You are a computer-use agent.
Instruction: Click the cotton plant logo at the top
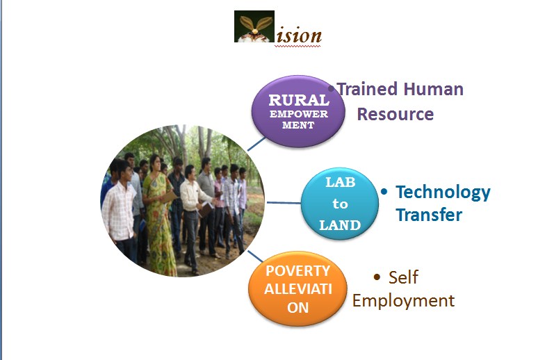(254, 26)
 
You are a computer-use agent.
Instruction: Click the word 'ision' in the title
(299, 35)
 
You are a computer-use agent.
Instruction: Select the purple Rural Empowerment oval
(298, 111)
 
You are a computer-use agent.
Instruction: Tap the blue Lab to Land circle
(339, 204)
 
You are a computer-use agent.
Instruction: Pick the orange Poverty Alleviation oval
(298, 288)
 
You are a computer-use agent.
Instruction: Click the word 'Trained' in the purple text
(366, 89)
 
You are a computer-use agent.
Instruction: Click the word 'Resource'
(396, 114)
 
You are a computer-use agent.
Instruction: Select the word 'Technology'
(443, 193)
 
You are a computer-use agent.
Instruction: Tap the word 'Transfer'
(429, 215)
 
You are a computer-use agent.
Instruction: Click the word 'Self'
(403, 277)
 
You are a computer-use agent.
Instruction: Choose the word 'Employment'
(403, 302)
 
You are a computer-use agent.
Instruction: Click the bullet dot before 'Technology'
(384, 192)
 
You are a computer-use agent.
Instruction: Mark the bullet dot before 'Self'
(377, 277)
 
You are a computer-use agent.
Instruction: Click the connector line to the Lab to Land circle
(284, 203)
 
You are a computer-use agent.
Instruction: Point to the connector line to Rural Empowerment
(256, 144)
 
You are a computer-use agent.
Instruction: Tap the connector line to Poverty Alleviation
(255, 256)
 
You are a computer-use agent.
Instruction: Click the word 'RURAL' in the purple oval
(299, 100)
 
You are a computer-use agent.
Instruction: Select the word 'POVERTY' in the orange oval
(298, 271)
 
